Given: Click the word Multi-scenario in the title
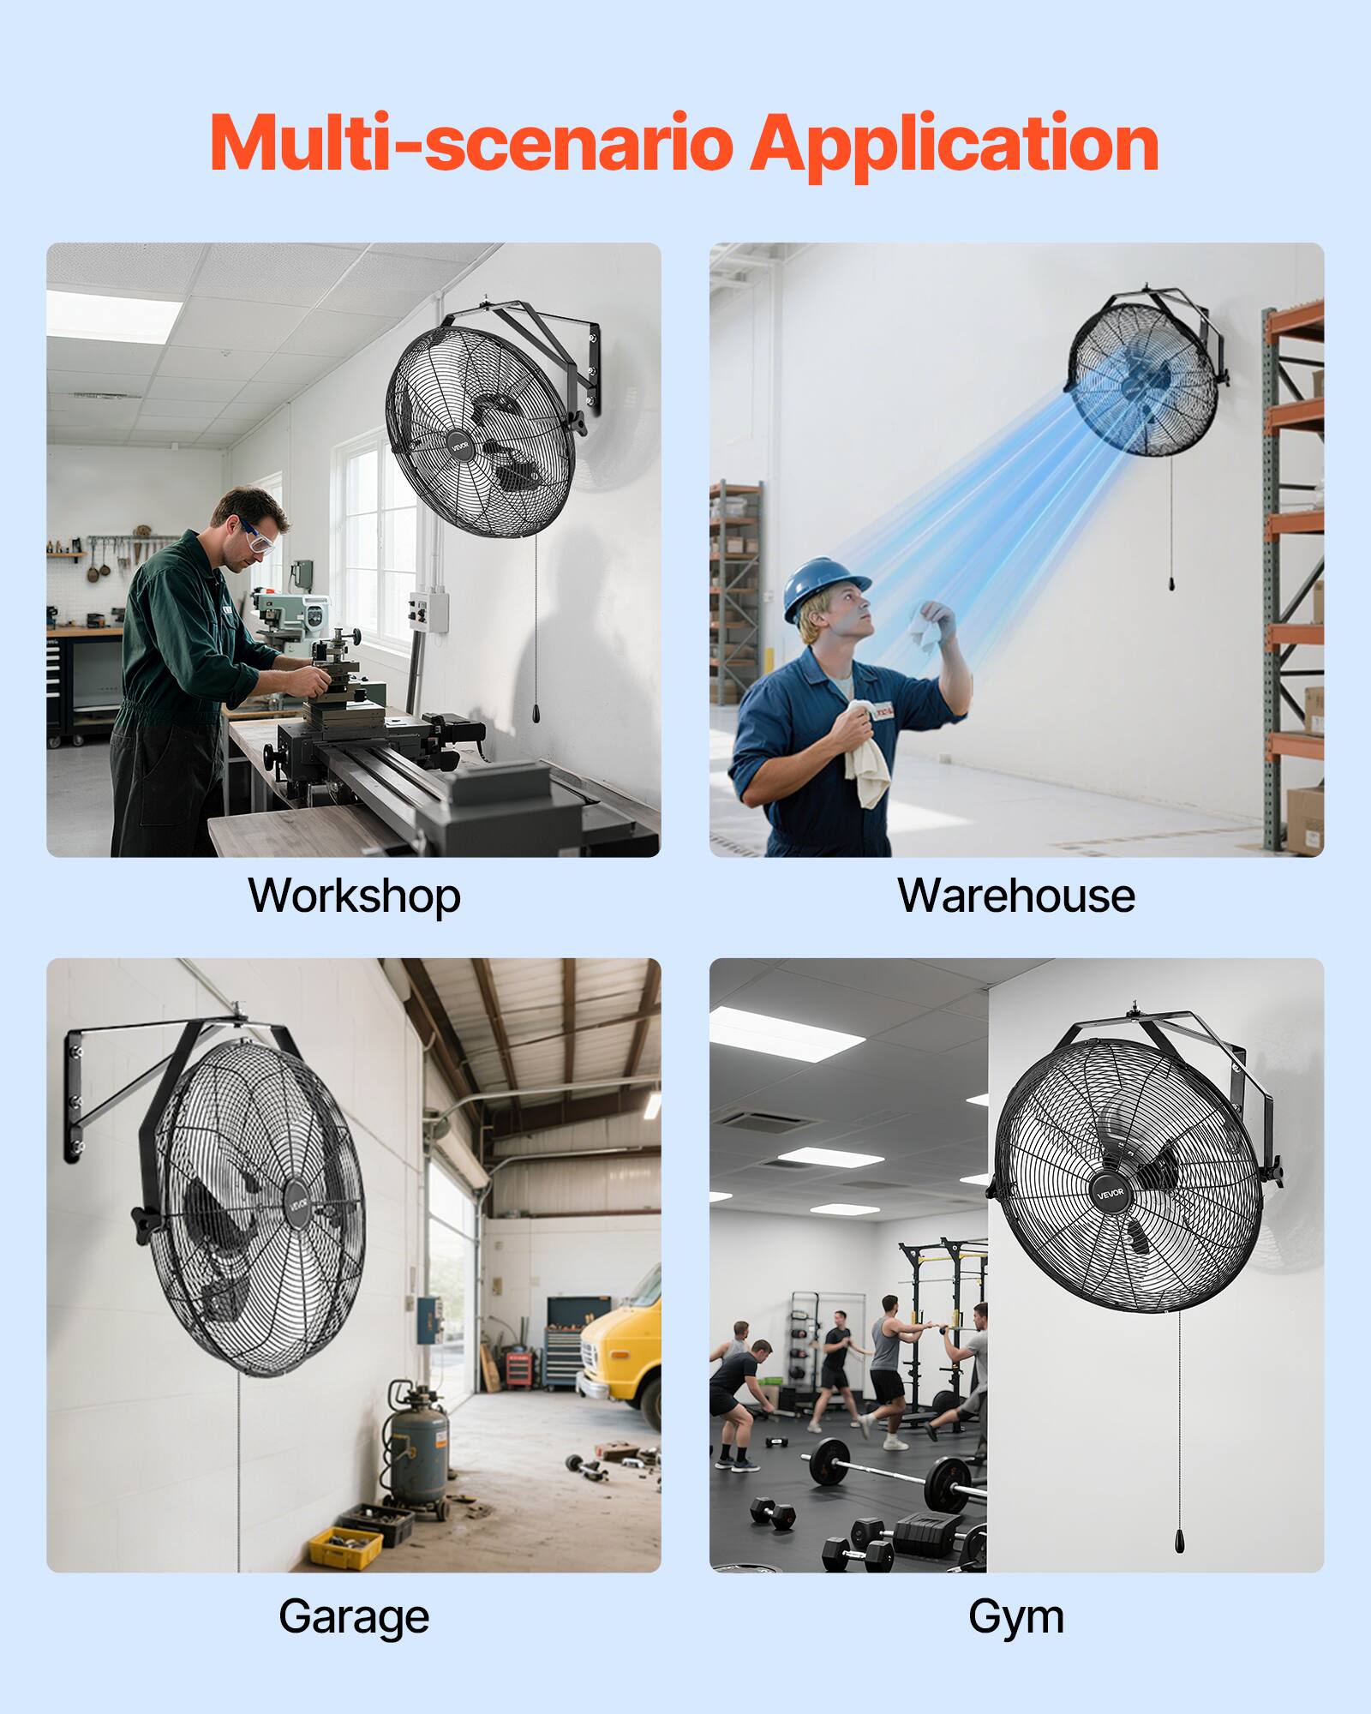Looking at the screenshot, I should pos(471,144).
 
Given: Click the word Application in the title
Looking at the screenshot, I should pos(954,144).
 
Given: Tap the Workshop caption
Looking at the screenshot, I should pos(354,896).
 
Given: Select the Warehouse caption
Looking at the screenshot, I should pos(1016,896).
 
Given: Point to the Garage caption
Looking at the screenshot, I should pos(354,1617).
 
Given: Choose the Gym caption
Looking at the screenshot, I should pos(1016,1617).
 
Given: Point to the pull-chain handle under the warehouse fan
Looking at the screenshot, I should pos(1171,584).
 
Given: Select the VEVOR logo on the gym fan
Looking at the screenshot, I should pos(1111,1193).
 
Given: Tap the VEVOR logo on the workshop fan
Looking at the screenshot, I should pos(461,446).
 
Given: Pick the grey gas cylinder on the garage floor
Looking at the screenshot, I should pos(418,1448).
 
